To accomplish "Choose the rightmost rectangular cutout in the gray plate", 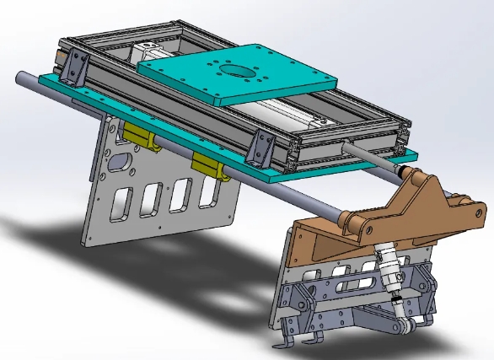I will (205, 191).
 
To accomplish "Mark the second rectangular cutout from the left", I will (152, 196).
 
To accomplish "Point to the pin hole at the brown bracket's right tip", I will (459, 201).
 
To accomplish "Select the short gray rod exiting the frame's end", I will (368, 153).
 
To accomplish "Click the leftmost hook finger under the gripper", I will (282, 343).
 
